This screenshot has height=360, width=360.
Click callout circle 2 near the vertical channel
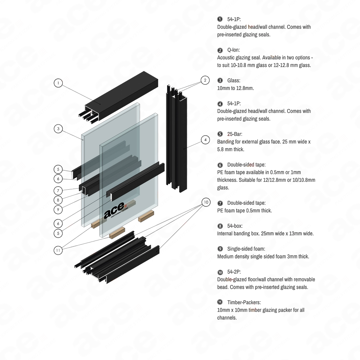(204, 80)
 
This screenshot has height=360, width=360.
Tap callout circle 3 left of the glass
(58, 128)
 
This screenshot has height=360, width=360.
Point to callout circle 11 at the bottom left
(58, 250)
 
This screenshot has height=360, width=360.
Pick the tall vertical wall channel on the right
(176, 137)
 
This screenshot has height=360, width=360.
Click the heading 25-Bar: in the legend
(235, 134)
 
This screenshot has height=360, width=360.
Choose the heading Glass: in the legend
(234, 80)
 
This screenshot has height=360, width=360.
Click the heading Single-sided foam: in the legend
(246, 249)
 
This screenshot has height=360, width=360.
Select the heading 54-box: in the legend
(235, 226)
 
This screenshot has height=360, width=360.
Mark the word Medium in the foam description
(226, 257)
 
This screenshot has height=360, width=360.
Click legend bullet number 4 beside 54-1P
(220, 104)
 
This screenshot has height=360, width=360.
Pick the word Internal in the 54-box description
(226, 234)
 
